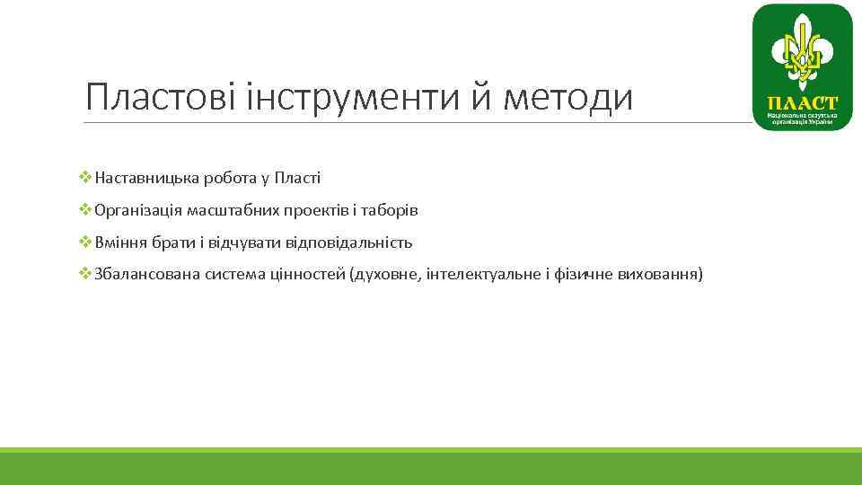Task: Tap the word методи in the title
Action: click(x=567, y=96)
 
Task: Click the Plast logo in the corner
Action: click(x=802, y=67)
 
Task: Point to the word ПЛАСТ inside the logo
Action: click(x=802, y=102)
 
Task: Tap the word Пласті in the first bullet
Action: click(x=298, y=178)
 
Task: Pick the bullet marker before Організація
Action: click(x=85, y=210)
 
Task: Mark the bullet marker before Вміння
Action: click(x=85, y=242)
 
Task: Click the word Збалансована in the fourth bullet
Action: click(x=146, y=273)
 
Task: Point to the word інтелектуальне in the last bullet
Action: click(x=486, y=273)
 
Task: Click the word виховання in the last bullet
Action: click(x=659, y=273)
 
